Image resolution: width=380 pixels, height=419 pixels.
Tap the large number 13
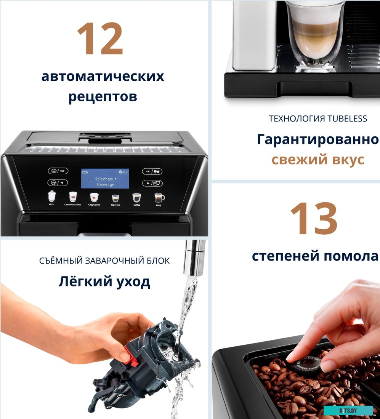click(314, 218)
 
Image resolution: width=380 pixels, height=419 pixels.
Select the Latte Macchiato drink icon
click(73, 197)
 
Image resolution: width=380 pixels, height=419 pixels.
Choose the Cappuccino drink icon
click(94, 197)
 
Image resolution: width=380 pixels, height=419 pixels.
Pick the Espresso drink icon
click(115, 198)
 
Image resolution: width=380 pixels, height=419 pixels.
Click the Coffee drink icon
click(136, 198)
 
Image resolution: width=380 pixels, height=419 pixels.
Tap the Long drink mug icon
click(159, 198)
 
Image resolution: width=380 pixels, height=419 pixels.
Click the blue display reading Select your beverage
click(105, 179)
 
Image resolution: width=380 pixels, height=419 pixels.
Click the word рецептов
click(103, 96)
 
